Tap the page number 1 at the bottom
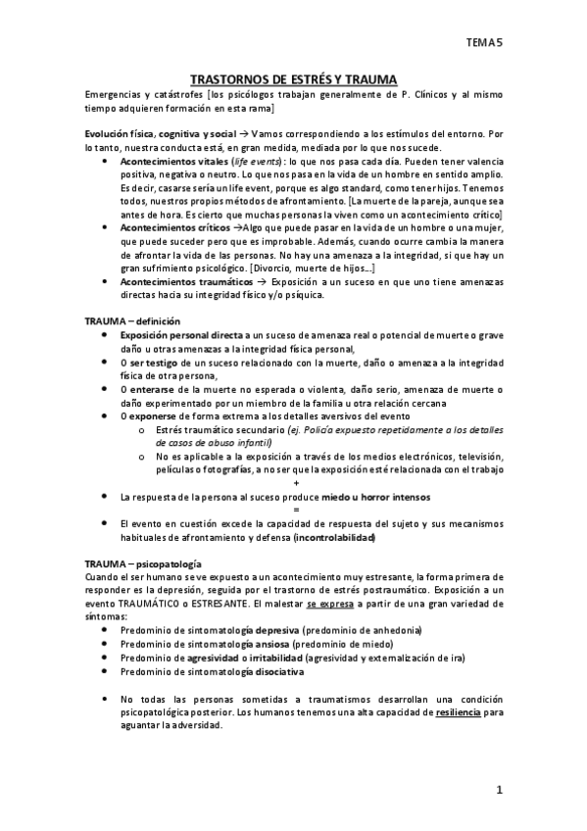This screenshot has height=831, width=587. pyautogui.click(x=499, y=789)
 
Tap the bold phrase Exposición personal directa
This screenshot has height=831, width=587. pyautogui.click(x=180, y=335)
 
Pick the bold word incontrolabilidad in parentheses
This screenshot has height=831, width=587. pyautogui.click(x=333, y=537)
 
